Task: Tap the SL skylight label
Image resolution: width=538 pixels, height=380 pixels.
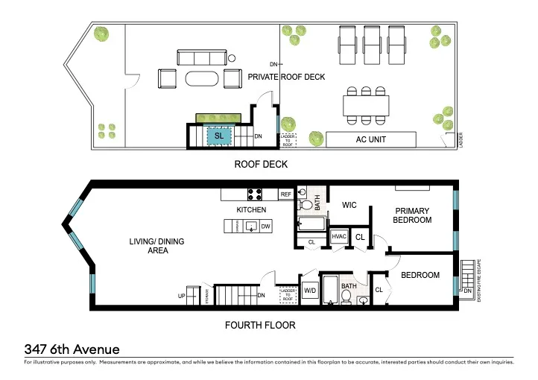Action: pyautogui.click(x=219, y=136)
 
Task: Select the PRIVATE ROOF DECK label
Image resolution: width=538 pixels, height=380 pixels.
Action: pyautogui.click(x=286, y=77)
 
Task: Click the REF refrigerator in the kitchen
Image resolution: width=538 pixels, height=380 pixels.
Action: pyautogui.click(x=285, y=194)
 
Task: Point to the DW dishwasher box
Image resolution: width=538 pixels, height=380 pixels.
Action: pyautogui.click(x=265, y=226)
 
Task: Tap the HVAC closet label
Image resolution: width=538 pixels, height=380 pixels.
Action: pyautogui.click(x=339, y=236)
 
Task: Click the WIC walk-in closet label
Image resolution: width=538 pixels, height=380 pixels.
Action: pyautogui.click(x=350, y=205)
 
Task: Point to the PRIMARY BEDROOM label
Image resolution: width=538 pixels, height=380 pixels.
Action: pyautogui.click(x=413, y=215)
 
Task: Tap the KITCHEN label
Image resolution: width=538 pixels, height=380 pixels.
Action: pyautogui.click(x=251, y=210)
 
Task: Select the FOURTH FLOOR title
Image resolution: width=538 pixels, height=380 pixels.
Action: pyautogui.click(x=260, y=326)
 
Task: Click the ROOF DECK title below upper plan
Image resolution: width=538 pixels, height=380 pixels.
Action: pyautogui.click(x=261, y=164)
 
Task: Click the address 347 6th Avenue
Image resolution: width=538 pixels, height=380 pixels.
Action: pyautogui.click(x=72, y=349)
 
